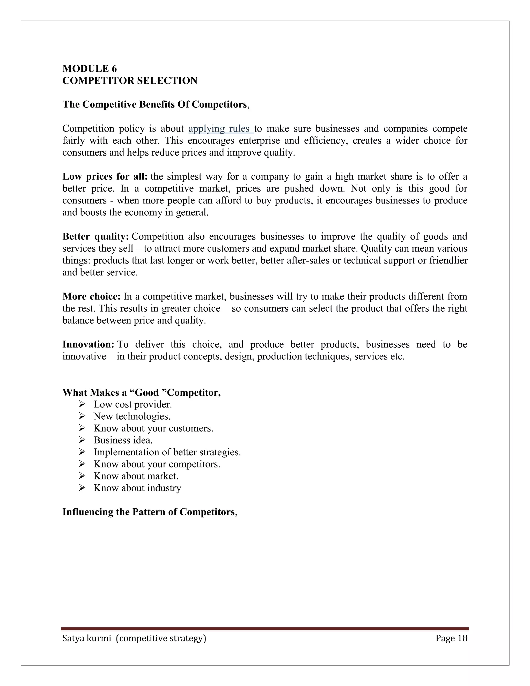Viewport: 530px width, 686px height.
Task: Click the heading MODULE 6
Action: [90, 69]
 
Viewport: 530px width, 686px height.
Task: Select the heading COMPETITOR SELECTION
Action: [130, 81]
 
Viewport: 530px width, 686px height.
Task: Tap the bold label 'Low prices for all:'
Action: [105, 177]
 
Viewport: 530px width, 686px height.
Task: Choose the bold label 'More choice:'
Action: [91, 296]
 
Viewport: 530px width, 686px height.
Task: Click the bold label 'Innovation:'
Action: [88, 345]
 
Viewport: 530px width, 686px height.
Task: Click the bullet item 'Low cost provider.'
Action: [132, 405]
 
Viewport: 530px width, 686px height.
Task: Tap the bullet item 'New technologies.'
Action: [132, 417]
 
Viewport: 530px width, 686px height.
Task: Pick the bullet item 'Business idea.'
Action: [123, 440]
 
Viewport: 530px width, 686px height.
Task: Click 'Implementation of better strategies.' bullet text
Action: [167, 452]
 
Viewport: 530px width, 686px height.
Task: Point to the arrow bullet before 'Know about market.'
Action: [82, 476]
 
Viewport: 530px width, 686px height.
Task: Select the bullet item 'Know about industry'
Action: [137, 488]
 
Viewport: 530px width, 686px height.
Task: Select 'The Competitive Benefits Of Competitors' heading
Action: [154, 105]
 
